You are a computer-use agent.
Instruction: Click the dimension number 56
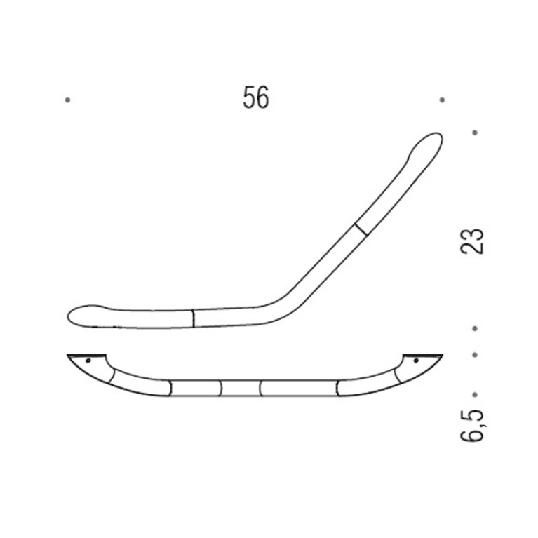click(256, 97)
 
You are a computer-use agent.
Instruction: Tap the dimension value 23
click(471, 241)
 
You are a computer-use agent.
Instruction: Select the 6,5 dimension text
click(472, 425)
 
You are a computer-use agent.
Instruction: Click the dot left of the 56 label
click(67, 100)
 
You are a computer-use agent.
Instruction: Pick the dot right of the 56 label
click(442, 100)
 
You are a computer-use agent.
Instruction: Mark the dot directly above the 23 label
click(475, 133)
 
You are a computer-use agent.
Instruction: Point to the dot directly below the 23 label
click(475, 329)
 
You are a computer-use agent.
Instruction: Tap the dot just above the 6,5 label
click(475, 395)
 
